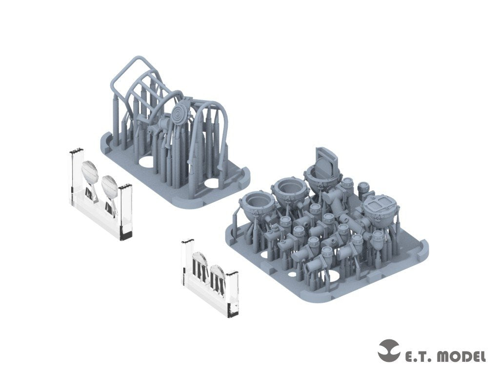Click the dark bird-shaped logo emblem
click(x=390, y=351)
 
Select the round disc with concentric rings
click(x=179, y=113)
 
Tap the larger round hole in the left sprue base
click(x=146, y=161)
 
